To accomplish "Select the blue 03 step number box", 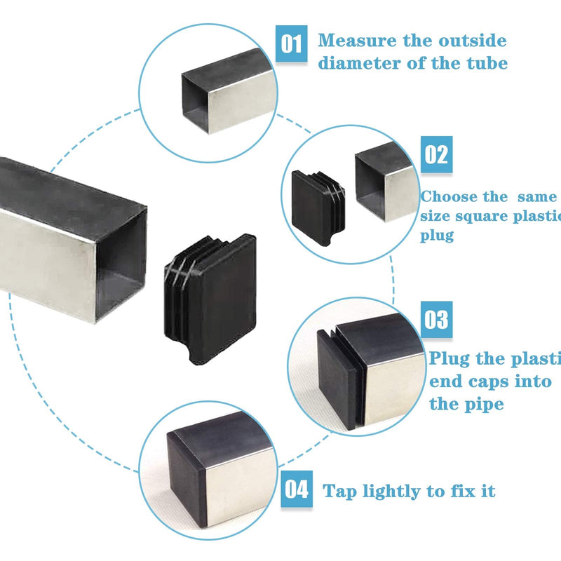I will (435, 320).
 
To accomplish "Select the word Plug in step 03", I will (450, 359).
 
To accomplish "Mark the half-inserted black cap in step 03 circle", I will (335, 379).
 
